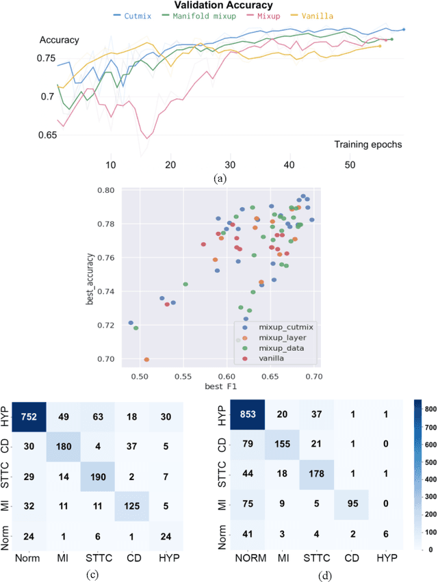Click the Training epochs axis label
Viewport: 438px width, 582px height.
click(369, 144)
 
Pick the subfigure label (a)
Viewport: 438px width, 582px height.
click(219, 178)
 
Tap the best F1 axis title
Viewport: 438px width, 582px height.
click(219, 388)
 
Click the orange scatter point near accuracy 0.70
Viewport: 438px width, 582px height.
click(146, 359)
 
